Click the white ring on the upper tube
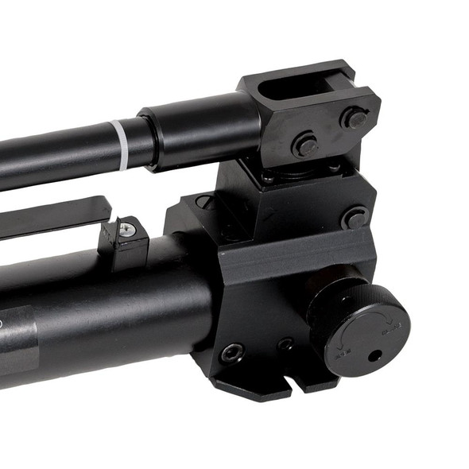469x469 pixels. pyautogui.click(x=121, y=145)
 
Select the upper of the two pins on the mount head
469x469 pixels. pyautogui.click(x=355, y=120)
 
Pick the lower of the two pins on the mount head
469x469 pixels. pyautogui.click(x=306, y=145)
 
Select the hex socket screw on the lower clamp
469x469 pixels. pyautogui.click(x=232, y=351)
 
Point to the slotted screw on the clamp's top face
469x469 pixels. pyautogui.click(x=205, y=202)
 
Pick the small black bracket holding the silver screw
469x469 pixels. pyautogui.click(x=125, y=242)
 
